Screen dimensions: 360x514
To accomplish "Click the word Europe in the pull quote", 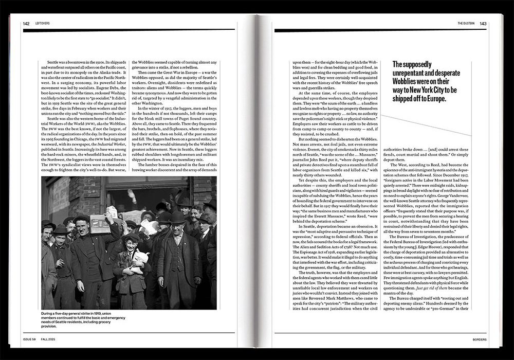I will [433, 99].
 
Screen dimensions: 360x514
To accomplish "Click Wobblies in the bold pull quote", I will [407, 81].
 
